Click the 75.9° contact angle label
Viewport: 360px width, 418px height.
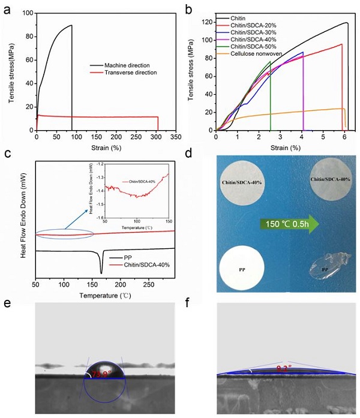102,375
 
